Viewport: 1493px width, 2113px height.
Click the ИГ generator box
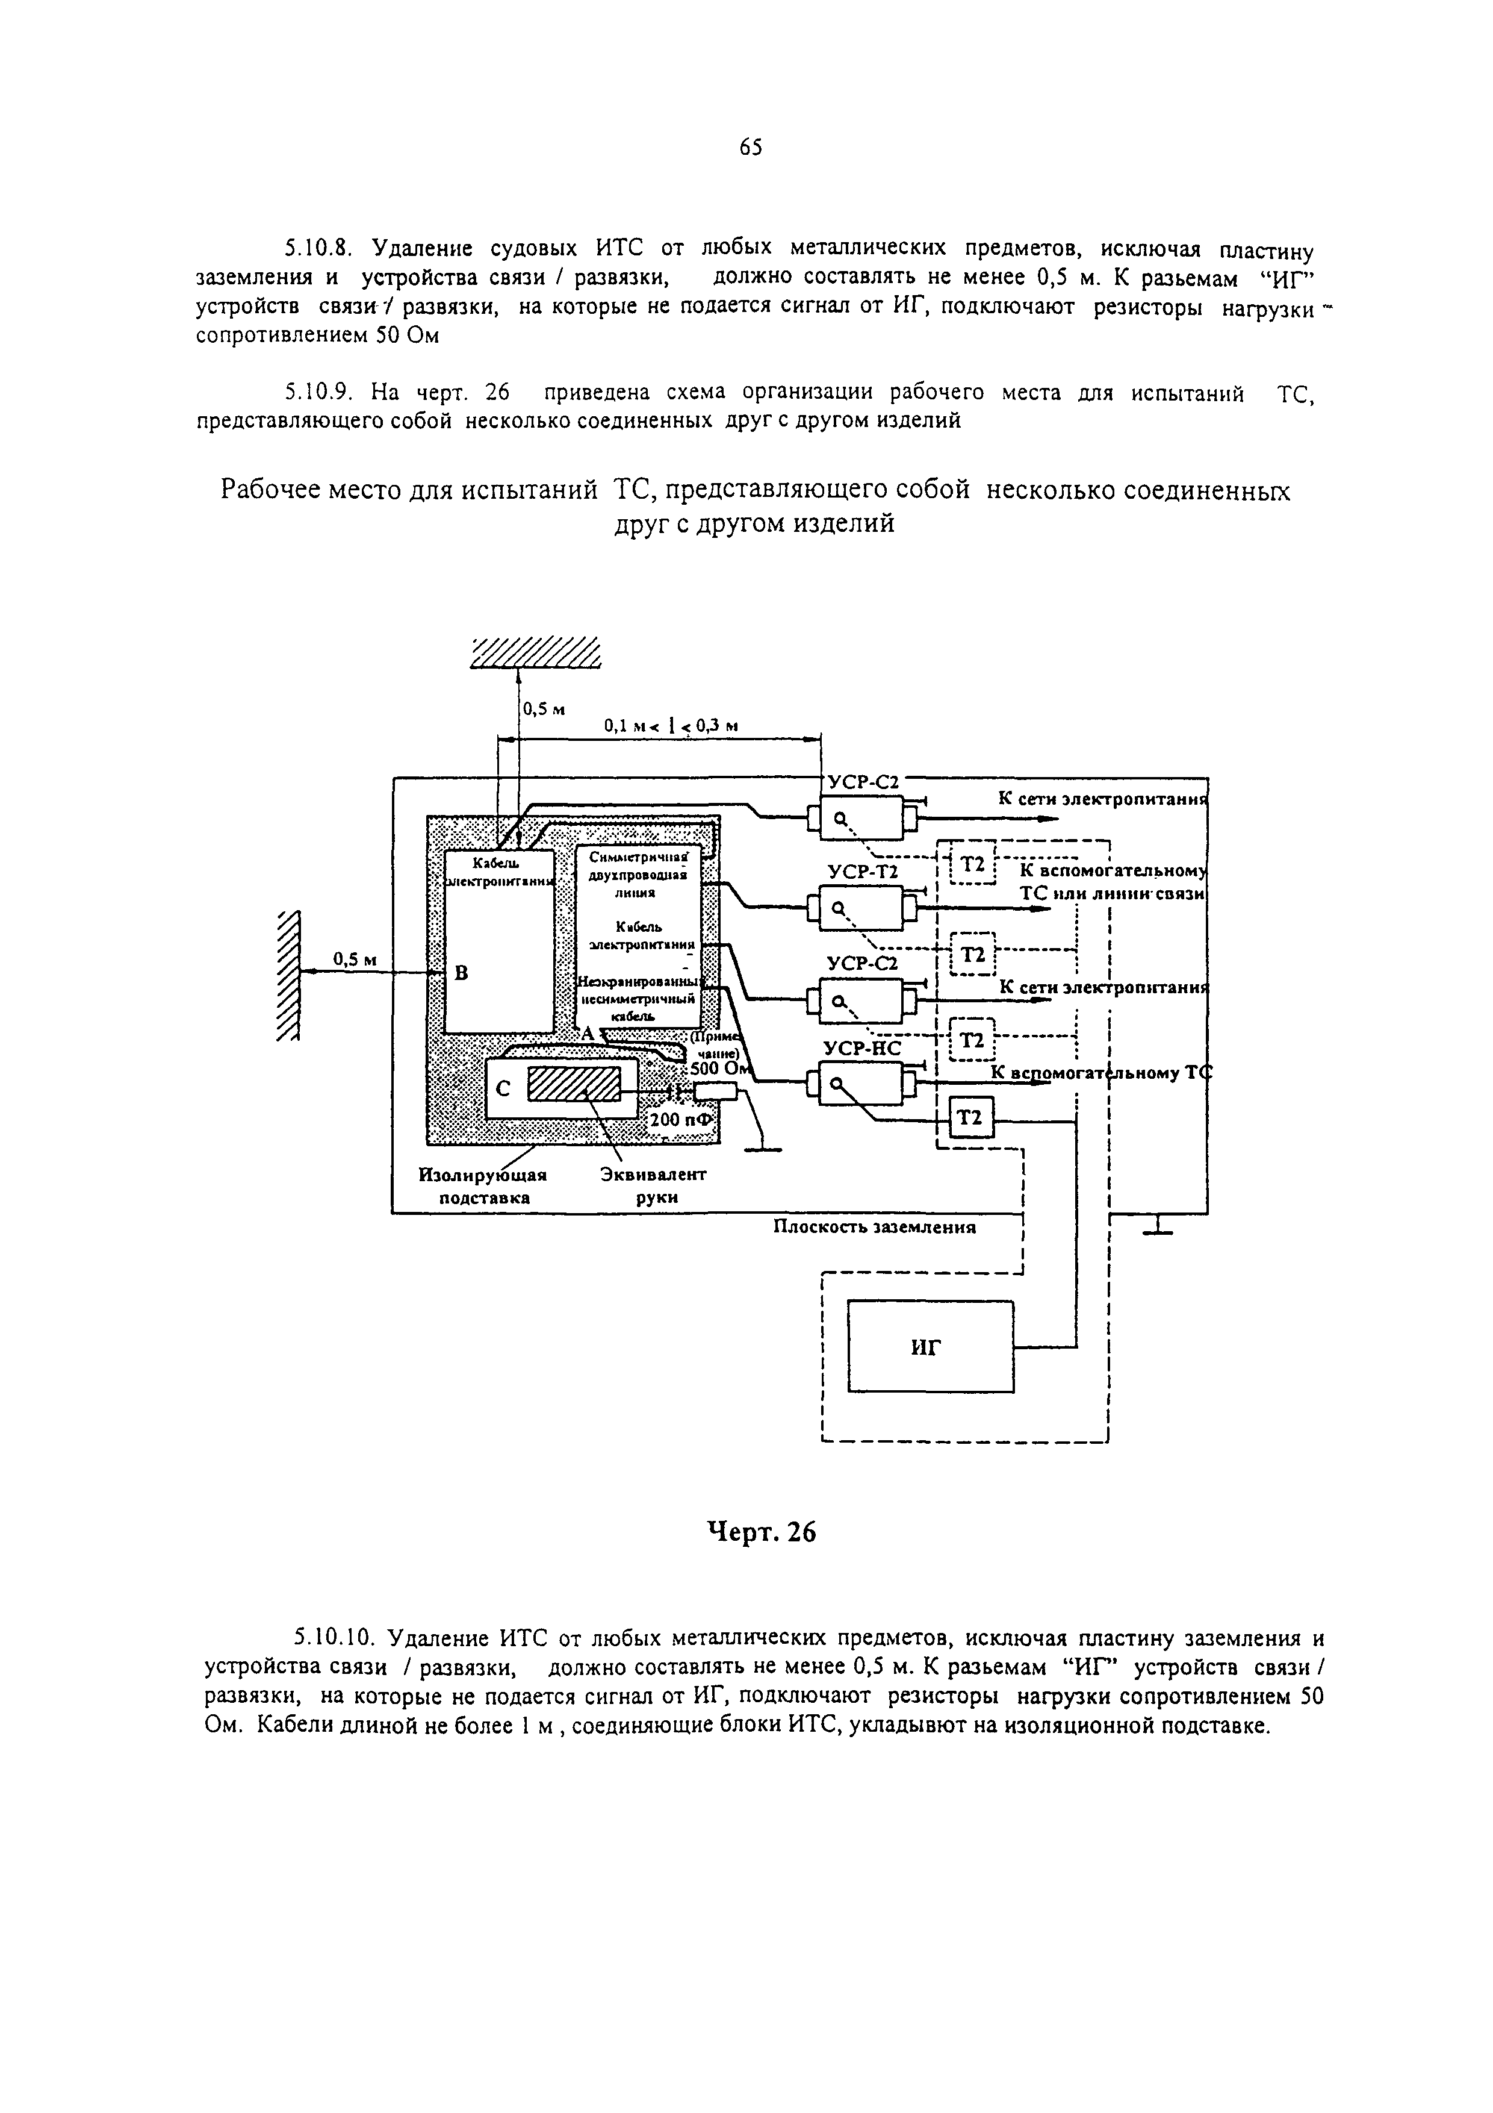pos(930,1346)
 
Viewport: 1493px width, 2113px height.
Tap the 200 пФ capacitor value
pos(681,1120)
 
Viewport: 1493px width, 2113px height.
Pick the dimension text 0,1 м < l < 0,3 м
pos(671,726)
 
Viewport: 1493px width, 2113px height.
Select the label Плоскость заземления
pos(874,1227)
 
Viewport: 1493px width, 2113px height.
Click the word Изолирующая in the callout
pos(483,1175)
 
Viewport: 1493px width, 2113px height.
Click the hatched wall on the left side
pos(289,976)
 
